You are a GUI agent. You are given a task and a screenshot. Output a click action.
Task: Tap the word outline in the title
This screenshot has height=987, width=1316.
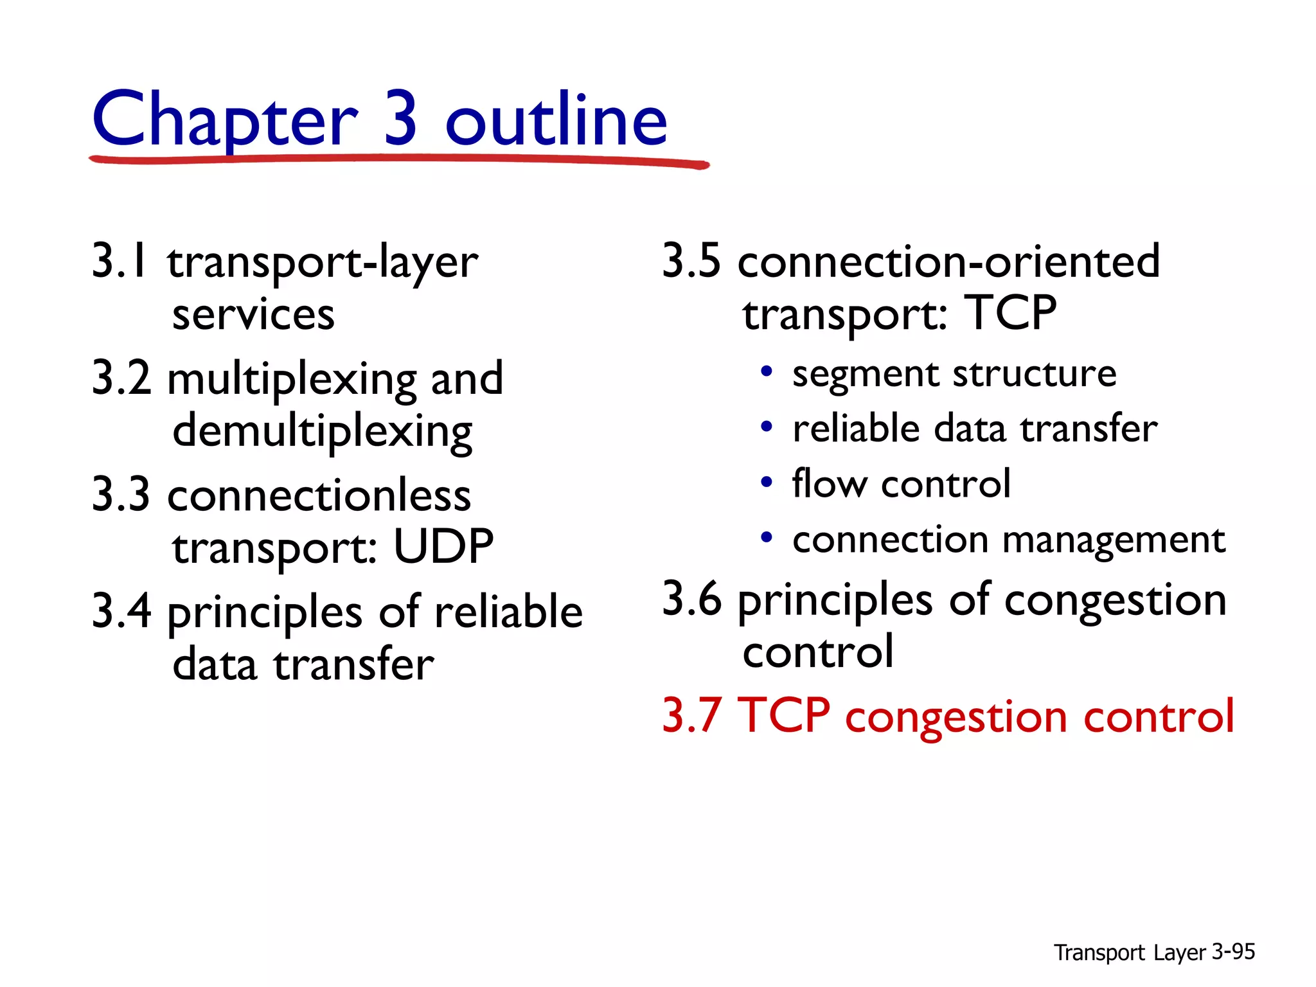pos(556,121)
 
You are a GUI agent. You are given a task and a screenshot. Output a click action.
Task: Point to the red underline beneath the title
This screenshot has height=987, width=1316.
pos(398,159)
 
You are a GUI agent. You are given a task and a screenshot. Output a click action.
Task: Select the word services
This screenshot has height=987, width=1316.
pos(253,315)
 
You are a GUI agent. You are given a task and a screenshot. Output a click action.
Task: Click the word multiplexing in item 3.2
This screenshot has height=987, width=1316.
pos(291,379)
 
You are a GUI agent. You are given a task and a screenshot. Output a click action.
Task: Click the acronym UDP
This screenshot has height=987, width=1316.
pos(443,547)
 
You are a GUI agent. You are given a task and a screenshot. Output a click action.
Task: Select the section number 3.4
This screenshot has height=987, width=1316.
pos(121,611)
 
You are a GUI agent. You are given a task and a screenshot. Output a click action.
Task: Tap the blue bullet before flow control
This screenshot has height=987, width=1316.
pos(766,482)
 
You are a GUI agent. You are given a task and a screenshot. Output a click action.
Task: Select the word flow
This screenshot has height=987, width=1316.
pos(829,483)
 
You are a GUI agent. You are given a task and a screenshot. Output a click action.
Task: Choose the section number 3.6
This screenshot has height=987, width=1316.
pos(691,599)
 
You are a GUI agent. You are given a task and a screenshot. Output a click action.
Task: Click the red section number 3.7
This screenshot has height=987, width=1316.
pos(691,715)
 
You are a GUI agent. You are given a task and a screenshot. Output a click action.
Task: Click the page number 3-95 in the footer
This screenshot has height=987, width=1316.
pos(1233,952)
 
